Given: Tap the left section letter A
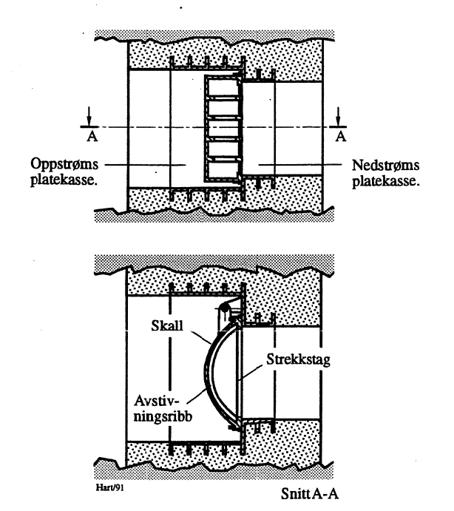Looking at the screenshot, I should pos(89,135).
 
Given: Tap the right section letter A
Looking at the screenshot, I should pos(339,135).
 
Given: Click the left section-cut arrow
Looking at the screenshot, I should pos(89,116).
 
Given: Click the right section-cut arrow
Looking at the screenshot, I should pos(339,116).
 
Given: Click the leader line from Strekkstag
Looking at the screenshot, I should pos(251,370).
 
